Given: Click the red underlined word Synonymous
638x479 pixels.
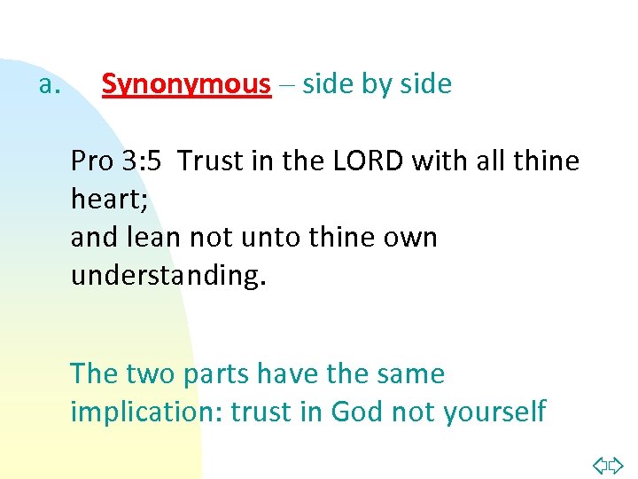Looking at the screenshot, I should coord(186,84).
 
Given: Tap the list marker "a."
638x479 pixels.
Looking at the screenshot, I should coord(49,85).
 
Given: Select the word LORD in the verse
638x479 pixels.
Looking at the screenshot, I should coord(382,161).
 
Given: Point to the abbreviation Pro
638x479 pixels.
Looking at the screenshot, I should coord(92,161).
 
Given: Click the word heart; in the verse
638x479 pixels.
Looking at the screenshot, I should coord(109,200).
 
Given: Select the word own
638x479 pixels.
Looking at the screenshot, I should coord(412,237).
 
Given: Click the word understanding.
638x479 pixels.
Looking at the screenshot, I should coord(167,275).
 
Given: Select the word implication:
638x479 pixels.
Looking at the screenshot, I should coord(146,412).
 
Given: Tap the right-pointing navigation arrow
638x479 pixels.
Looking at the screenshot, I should coord(617,464).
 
